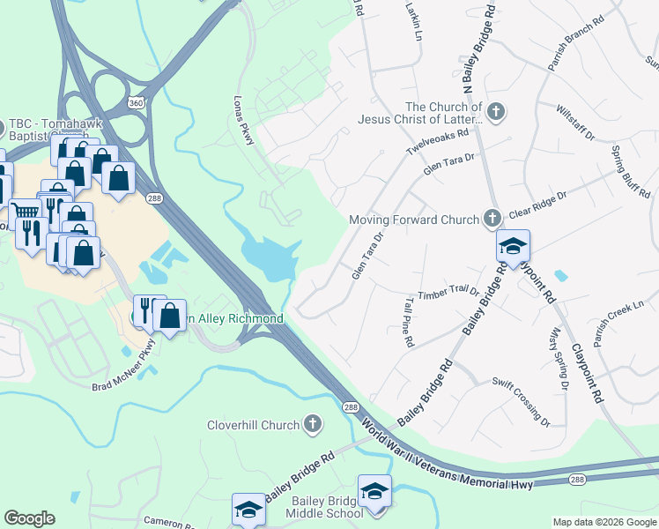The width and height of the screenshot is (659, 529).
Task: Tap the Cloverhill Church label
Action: pyautogui.click(x=253, y=425)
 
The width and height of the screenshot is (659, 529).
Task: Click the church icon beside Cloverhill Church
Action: pyautogui.click(x=311, y=425)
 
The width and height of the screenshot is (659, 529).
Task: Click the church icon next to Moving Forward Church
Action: pyautogui.click(x=492, y=218)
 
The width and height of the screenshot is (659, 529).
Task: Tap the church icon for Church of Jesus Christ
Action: pyautogui.click(x=496, y=112)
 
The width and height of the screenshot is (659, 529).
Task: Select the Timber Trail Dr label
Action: pyautogui.click(x=448, y=294)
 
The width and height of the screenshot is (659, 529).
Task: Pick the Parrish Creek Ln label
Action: pyautogui.click(x=619, y=315)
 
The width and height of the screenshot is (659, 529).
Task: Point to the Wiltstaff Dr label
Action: pyautogui.click(x=576, y=123)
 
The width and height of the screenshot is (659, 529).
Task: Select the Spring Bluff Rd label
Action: pyautogui.click(x=631, y=169)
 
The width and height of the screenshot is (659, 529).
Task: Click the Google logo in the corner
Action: pyautogui.click(x=29, y=518)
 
